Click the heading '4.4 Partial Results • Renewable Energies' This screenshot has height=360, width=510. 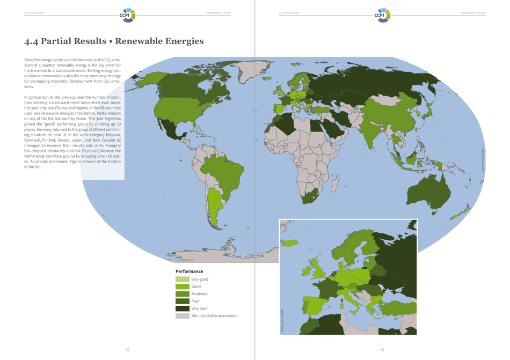114,41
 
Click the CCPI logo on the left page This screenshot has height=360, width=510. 128,14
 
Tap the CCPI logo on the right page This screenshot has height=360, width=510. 383,14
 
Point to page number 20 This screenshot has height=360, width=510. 127,349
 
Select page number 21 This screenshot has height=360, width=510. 382,349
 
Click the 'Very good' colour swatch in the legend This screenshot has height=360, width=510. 182,280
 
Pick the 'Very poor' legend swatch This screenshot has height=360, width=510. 182,308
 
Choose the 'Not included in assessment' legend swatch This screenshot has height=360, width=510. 182,316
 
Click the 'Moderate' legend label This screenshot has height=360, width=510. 199,294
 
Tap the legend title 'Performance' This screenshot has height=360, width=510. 189,271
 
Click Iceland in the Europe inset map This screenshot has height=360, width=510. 289,243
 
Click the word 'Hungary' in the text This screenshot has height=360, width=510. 113,145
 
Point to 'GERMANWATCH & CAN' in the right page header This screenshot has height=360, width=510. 473,13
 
